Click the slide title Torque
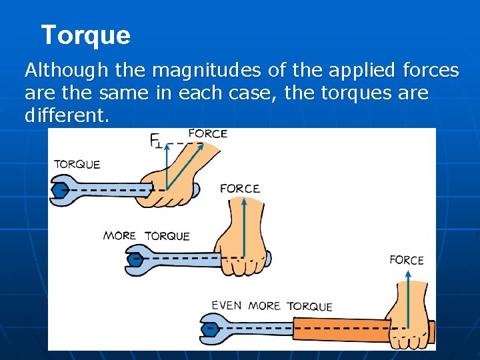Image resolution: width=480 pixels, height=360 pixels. pos(85,35)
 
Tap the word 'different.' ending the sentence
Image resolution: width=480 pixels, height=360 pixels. pos(67,115)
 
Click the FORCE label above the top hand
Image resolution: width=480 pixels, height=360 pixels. pos(208,133)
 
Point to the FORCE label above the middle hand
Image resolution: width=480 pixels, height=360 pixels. pos(240,189)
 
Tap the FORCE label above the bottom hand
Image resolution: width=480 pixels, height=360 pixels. pos(407,260)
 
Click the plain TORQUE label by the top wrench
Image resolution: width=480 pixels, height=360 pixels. pos(77,164)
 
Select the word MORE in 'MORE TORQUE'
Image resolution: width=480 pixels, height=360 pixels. pos(120,235)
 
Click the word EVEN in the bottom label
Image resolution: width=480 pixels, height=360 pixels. pos(227,305)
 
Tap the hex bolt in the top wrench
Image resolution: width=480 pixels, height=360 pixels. pos(61,190)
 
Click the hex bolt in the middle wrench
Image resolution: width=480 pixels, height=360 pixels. pos(136,257)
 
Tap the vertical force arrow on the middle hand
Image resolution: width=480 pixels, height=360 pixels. pos(244,227)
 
